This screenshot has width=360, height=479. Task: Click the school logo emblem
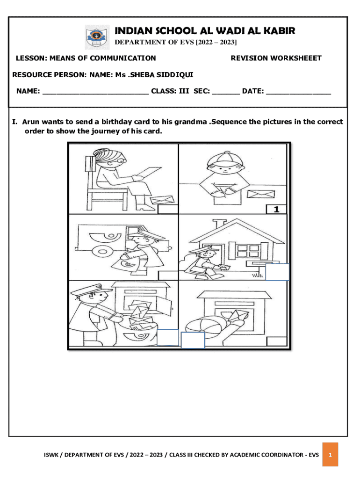(97, 37)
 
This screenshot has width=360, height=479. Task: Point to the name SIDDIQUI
(175, 75)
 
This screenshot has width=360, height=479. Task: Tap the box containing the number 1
(276, 209)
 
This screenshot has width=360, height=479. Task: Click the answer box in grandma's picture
(168, 209)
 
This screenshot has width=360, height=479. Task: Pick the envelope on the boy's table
(260, 194)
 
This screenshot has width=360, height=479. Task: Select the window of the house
(248, 251)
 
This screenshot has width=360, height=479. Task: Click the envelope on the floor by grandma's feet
(162, 200)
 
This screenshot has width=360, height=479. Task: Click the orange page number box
(330, 455)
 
